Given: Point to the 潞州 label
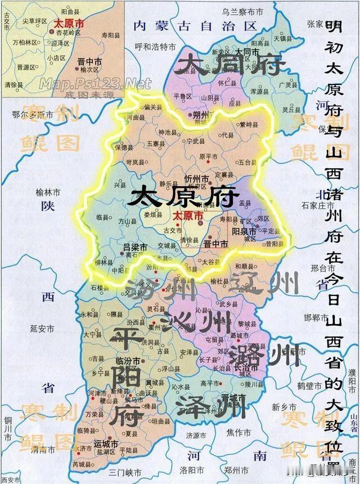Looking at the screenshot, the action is tap(262, 355).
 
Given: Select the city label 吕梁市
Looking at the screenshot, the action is tap(135, 248).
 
